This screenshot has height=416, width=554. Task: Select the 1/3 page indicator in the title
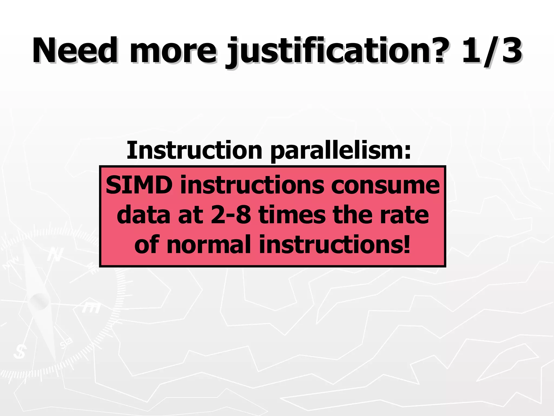click(492, 51)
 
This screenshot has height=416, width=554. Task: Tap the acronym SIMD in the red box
click(139, 185)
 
